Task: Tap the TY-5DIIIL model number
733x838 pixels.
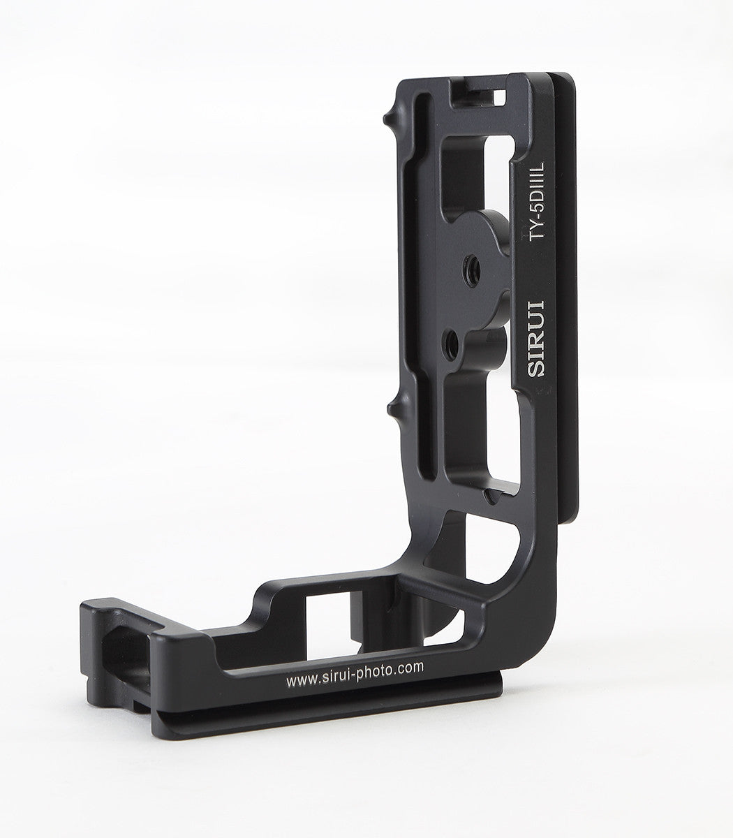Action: coord(536,202)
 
